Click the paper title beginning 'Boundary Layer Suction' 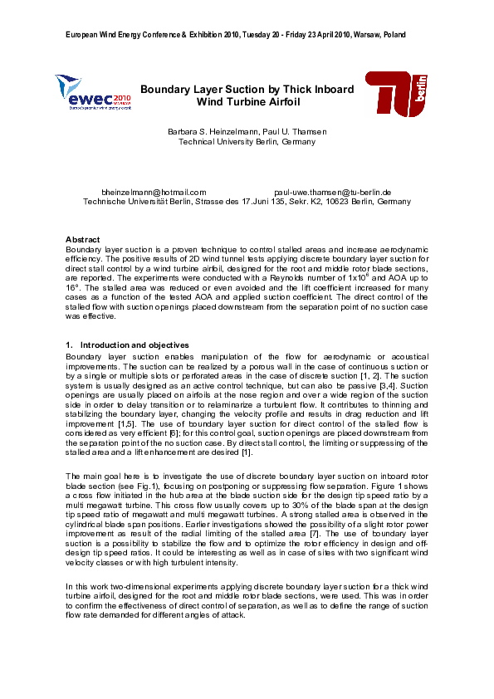[x=247, y=95]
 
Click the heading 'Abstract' [x=82, y=239]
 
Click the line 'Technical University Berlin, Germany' [x=247, y=142]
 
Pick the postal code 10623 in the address [x=342, y=202]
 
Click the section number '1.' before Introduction [x=69, y=345]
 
